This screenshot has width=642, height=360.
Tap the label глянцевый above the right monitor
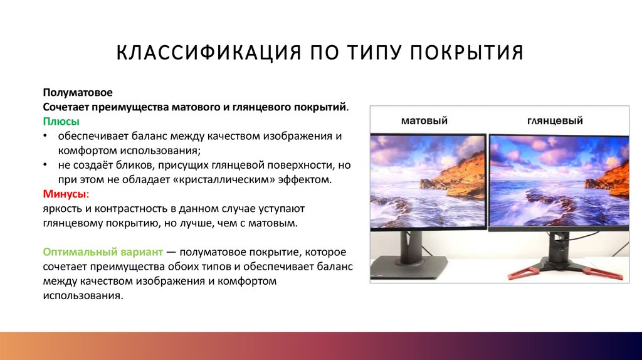coord(554,120)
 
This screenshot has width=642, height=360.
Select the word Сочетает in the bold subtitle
coord(67,107)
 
